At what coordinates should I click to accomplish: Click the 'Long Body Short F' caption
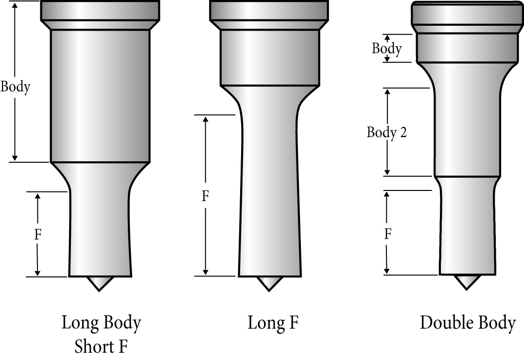pyautogui.click(x=101, y=334)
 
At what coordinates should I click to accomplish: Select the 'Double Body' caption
pyautogui.click(x=468, y=323)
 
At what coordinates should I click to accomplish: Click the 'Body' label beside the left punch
pyautogui.click(x=16, y=87)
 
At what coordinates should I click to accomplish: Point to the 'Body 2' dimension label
pyautogui.click(x=386, y=132)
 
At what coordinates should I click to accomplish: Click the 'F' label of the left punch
pyautogui.click(x=38, y=235)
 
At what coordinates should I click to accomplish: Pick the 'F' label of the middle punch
pyautogui.click(x=206, y=196)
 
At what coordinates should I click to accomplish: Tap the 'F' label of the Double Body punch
pyautogui.click(x=388, y=235)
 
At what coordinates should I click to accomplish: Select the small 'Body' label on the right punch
pyautogui.click(x=387, y=49)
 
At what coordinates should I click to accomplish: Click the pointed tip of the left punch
pyautogui.click(x=99, y=283)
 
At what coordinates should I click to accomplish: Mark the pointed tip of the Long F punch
pyautogui.click(x=269, y=283)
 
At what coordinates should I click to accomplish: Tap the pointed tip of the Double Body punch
pyautogui.click(x=467, y=282)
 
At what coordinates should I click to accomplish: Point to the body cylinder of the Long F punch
pyautogui.click(x=270, y=57)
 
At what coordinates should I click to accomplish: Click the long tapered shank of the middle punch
pyautogui.click(x=269, y=194)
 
